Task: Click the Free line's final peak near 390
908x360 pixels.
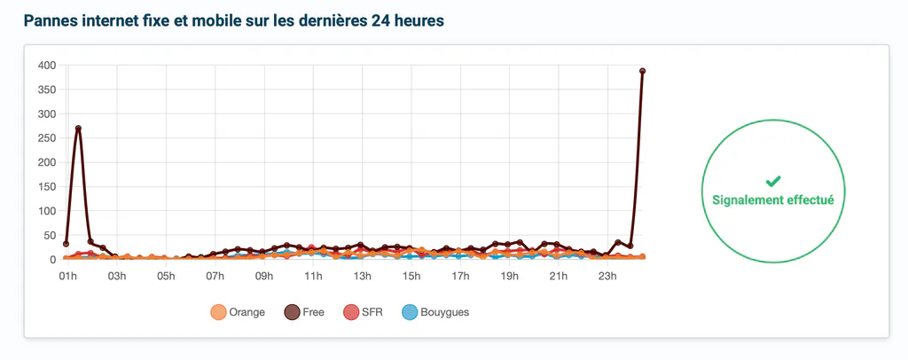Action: tap(642, 71)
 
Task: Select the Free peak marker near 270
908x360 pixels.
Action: tap(78, 129)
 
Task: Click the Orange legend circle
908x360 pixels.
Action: tap(218, 312)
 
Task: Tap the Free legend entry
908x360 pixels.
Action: tap(304, 312)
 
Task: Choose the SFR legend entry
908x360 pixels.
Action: tap(363, 312)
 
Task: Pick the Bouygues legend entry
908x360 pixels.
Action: tap(435, 312)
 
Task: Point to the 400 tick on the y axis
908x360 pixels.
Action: tap(46, 66)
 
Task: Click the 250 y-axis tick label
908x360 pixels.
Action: tap(46, 138)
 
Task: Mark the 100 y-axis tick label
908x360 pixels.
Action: tap(46, 211)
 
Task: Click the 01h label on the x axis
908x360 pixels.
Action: tap(67, 276)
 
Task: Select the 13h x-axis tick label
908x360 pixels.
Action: tap(363, 276)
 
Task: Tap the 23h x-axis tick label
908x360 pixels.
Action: tap(608, 276)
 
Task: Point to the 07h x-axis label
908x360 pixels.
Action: tap(215, 276)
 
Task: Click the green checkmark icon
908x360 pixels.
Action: tap(773, 182)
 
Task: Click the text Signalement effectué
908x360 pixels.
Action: tap(773, 200)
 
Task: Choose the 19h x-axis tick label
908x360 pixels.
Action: tap(510, 276)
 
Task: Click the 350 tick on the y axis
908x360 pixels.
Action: tap(46, 90)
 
